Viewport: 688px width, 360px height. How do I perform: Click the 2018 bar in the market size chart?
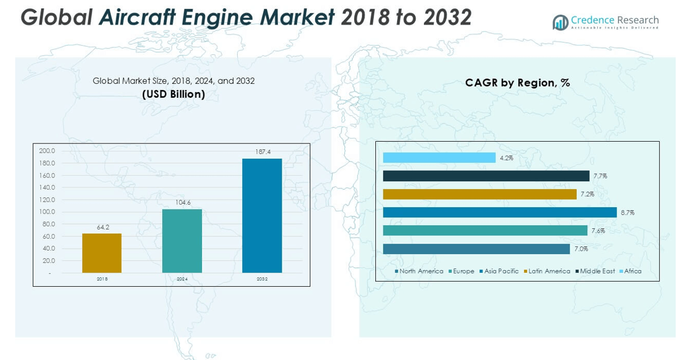[102, 253]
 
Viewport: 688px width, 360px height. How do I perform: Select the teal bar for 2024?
[182, 241]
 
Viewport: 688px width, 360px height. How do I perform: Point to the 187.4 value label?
[263, 152]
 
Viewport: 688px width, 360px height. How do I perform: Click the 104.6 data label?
[183, 203]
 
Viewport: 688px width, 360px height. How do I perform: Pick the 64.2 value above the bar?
[103, 227]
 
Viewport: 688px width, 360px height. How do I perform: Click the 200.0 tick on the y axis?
[47, 151]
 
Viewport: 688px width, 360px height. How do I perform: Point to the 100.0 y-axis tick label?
[47, 212]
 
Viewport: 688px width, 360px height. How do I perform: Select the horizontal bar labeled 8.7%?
[499, 212]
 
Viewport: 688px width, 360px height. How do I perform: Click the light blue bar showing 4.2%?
[439, 158]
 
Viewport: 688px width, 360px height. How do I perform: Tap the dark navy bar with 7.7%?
[486, 176]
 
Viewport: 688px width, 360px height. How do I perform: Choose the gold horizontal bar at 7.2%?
[480, 194]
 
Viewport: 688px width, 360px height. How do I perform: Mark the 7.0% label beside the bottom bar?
[581, 249]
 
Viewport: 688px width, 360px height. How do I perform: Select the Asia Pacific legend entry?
[501, 272]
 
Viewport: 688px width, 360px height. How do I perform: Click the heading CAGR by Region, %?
[517, 83]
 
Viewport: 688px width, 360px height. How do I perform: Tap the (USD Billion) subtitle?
[173, 94]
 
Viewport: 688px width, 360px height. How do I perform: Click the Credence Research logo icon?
[560, 22]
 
